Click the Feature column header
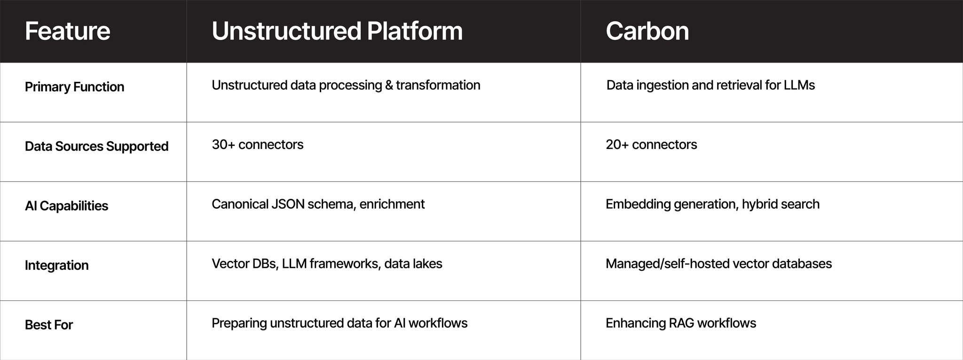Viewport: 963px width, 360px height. pos(68,31)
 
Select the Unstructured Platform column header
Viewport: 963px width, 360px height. pos(337,31)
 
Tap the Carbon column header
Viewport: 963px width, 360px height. pos(647,31)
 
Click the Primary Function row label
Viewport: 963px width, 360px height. pos(74,87)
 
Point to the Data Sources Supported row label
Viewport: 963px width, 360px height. pos(96,147)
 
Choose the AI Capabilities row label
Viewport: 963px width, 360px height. pos(66,206)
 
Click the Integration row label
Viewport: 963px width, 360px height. pos(56,266)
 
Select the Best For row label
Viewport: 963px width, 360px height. pos(49,325)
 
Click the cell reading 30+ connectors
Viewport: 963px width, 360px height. pos(258,144)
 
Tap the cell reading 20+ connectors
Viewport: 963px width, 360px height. pos(651,144)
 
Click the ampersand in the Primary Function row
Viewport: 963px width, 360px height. pos(387,85)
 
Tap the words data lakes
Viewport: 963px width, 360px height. pos(413,264)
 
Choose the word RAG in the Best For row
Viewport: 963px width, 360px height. pos(681,323)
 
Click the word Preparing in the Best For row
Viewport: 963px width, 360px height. pos(239,323)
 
